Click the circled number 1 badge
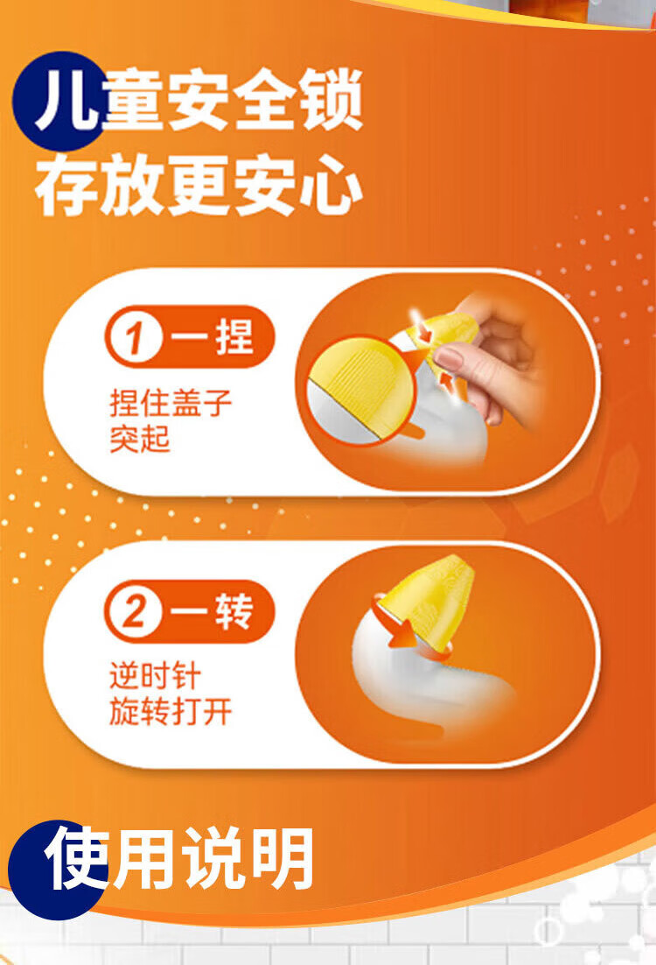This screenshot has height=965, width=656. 135,337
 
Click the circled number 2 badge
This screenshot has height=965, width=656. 134,612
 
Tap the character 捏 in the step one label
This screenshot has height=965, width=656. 234,336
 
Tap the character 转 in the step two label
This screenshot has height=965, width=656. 234,611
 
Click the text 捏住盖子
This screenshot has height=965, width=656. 171,403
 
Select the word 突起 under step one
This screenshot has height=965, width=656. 140,439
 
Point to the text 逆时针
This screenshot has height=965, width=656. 156,676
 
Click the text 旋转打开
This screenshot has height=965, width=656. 171,711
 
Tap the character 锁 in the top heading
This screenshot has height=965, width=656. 331,99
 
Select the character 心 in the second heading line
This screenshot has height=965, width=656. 331,184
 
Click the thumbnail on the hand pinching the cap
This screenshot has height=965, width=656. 451,357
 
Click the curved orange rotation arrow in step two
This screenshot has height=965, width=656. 394,624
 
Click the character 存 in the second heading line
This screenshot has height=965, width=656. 67,184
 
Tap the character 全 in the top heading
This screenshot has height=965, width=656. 265,99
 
